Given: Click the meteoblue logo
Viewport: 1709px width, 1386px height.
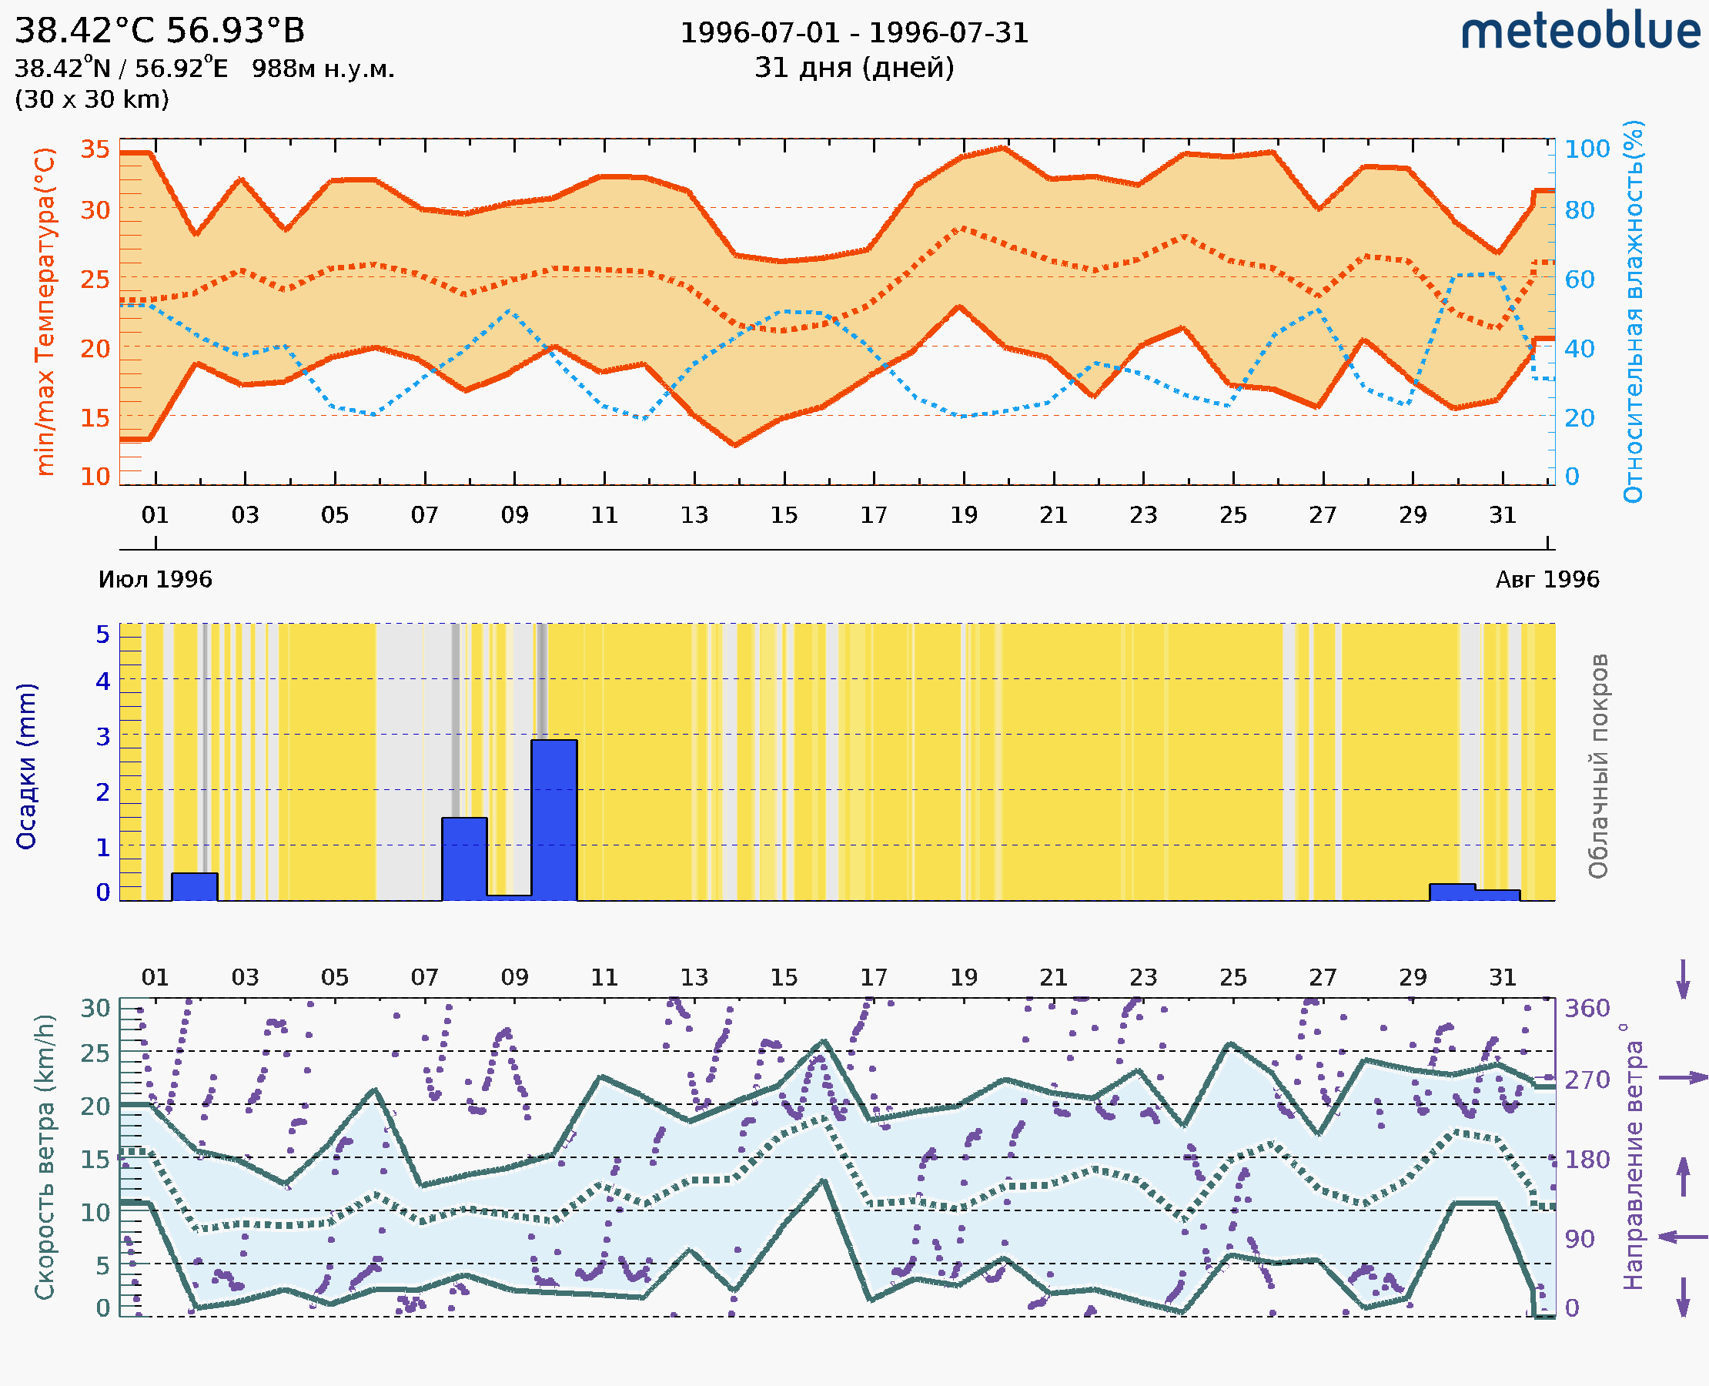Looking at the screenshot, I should point(1580,32).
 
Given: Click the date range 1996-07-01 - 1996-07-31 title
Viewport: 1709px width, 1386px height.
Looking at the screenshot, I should point(854,33).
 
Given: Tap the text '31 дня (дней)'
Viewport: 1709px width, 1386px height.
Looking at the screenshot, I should point(854,68).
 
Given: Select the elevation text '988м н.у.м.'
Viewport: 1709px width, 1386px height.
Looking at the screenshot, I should point(323,69).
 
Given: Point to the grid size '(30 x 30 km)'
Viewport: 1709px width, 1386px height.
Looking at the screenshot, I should point(92,100).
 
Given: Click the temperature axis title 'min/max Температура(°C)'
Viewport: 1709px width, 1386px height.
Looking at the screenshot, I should point(45,311).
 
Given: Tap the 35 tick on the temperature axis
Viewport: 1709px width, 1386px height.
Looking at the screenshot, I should point(95,149).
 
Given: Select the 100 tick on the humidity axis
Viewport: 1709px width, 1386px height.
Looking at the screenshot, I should point(1587,149).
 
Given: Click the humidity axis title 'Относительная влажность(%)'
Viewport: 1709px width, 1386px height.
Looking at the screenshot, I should point(1633,311).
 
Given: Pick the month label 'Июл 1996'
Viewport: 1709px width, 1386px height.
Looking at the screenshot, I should point(155,580).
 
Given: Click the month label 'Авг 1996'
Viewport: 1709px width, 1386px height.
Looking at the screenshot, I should point(1547,580).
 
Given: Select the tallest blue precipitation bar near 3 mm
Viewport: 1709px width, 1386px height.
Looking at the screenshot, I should point(554,820).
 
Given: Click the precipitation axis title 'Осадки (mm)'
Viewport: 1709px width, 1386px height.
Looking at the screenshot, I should point(26,766).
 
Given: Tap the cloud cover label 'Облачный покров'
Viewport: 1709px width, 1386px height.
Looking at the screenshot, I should point(1598,766).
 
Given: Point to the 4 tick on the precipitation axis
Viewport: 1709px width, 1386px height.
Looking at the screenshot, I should point(103,681).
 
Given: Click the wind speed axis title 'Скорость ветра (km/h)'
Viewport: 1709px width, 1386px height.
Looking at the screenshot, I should point(45,1157).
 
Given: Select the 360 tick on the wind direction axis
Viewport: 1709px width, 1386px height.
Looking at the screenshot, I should point(1587,1009).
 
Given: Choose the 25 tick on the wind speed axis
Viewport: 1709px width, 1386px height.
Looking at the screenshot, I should point(95,1054).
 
